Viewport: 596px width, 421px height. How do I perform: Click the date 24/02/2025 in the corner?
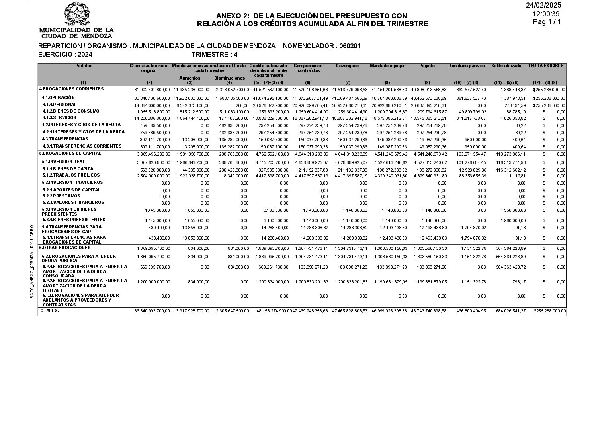coord(543,5)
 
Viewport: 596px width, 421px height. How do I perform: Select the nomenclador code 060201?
coord(350,46)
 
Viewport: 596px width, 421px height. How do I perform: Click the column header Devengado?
coord(347,66)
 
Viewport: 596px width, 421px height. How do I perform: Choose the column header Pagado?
coord(427,66)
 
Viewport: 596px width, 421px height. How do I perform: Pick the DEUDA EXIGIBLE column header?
coord(545,66)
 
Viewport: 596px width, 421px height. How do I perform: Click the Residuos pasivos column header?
coord(467,66)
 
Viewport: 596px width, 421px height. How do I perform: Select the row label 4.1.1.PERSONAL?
coord(60,105)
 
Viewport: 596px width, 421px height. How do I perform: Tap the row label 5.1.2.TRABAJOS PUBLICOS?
coord(71,175)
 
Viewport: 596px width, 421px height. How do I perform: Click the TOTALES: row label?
coord(49,310)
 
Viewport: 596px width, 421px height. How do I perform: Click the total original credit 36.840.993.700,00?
coord(152,311)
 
